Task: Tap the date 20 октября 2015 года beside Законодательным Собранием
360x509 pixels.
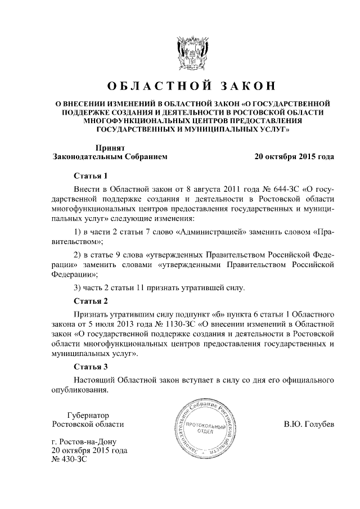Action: click(294, 156)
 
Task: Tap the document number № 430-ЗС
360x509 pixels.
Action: click(69, 461)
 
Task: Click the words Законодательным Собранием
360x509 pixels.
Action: click(110, 156)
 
